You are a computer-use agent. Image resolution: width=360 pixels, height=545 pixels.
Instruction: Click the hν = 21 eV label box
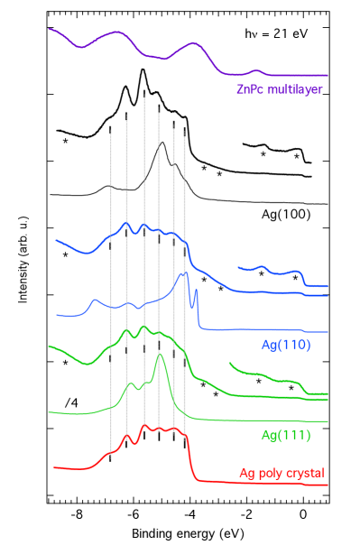tap(276, 34)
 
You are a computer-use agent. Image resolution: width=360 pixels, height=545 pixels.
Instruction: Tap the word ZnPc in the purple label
tap(249, 89)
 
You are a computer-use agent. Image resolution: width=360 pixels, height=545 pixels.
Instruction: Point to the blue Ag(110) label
tap(285, 344)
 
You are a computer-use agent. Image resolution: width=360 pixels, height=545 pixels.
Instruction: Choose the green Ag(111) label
tap(285, 436)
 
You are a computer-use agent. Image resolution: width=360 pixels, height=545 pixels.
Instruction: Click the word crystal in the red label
tap(305, 473)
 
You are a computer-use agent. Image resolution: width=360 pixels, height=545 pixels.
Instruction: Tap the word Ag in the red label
tap(247, 473)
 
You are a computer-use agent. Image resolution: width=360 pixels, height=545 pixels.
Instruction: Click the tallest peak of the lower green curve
tap(160, 355)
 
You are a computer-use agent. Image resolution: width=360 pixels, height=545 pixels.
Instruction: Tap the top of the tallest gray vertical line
tap(144, 96)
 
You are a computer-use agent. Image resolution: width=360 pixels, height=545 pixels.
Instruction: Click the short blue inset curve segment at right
tap(271, 271)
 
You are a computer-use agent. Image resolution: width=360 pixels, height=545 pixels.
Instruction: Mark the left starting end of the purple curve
tap(51, 30)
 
